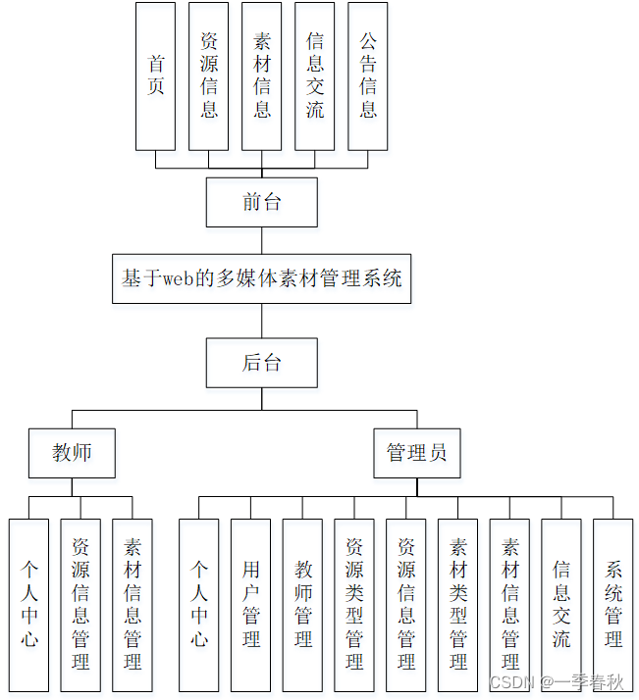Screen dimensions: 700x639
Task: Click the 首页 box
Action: coord(155,75)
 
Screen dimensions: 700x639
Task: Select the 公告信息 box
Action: coord(367,75)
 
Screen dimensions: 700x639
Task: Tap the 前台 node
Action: coord(261,202)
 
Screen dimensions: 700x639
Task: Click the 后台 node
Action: coord(261,363)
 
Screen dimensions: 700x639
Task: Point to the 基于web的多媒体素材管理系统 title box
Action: coord(261,278)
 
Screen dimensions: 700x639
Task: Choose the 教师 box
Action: coord(72,453)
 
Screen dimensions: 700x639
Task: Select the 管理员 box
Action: coord(416,453)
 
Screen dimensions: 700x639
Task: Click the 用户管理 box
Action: coord(250,605)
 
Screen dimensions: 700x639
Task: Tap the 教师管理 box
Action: coord(302,605)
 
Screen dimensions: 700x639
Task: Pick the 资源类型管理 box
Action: coord(354,605)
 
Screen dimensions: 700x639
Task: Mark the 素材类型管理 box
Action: coord(457,605)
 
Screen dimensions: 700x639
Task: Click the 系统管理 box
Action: coord(612,605)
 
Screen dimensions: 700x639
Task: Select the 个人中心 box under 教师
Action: coord(28,605)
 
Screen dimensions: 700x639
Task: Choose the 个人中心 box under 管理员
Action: coord(198,605)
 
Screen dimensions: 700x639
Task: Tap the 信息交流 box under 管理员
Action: coord(560,605)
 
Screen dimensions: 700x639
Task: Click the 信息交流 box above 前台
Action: coord(314,75)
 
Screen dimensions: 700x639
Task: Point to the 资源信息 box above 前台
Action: coord(208,75)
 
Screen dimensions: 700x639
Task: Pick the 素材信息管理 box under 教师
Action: coord(132,605)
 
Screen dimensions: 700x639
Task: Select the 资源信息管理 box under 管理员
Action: coord(405,605)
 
